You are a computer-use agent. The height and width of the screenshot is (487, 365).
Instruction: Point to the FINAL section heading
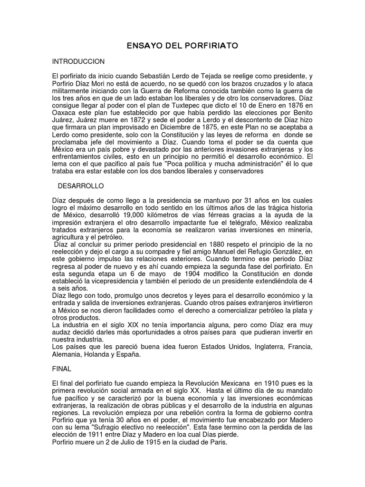tap(61, 369)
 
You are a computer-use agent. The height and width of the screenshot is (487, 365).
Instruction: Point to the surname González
tap(278, 252)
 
